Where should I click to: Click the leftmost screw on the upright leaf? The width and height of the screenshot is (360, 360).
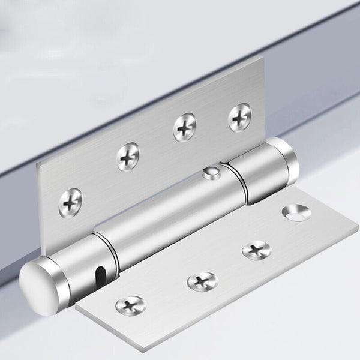71,202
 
